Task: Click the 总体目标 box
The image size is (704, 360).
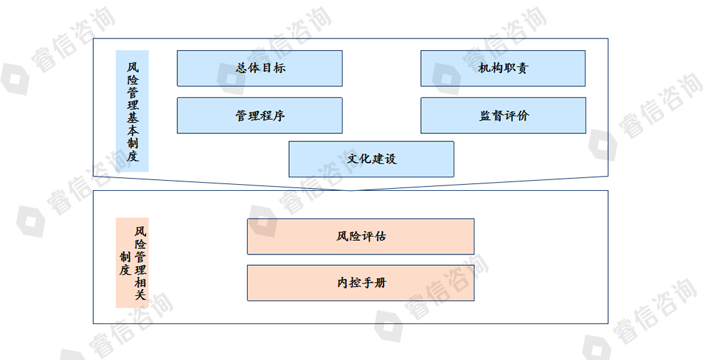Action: (259, 68)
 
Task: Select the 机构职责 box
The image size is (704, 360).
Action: (503, 68)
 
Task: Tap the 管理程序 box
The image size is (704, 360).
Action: (259, 115)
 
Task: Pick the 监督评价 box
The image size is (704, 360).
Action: (504, 115)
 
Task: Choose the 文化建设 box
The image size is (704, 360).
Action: (372, 159)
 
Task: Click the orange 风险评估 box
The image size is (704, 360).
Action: (361, 236)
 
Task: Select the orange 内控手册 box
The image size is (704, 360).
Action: (361, 283)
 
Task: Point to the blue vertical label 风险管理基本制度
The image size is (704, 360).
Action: (133, 111)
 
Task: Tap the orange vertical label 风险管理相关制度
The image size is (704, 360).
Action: (133, 263)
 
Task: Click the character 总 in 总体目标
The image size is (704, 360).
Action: (242, 68)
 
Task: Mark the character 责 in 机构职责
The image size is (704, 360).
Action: (522, 68)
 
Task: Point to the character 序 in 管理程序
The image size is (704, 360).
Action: (279, 115)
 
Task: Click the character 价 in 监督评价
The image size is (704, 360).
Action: (523, 115)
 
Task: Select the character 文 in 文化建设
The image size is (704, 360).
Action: (353, 158)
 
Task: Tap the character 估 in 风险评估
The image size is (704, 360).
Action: (380, 236)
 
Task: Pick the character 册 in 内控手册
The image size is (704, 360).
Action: (380, 283)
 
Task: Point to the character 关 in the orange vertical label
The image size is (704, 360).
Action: (141, 295)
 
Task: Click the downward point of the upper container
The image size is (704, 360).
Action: (351, 190)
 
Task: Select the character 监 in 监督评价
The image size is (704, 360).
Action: (485, 115)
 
